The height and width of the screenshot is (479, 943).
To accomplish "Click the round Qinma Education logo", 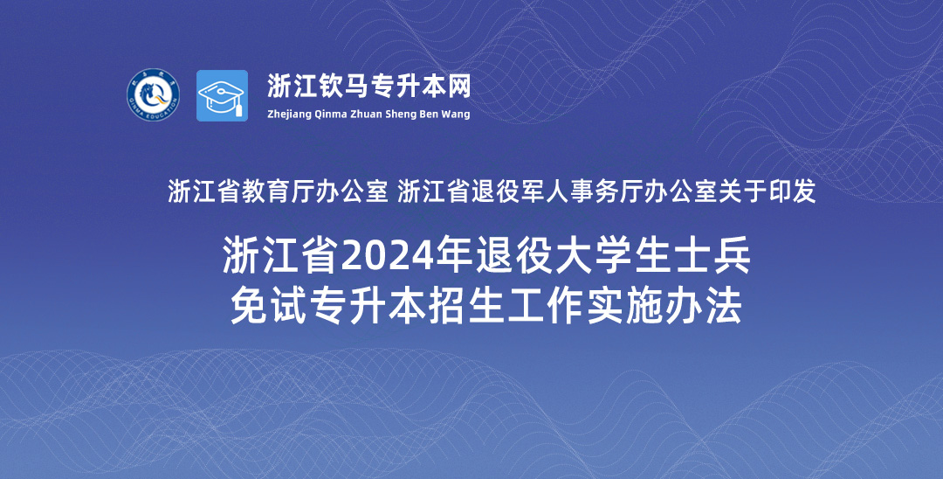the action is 154,95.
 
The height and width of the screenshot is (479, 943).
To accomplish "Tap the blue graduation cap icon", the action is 222,95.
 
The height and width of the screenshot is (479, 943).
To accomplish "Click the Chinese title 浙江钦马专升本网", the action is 368,87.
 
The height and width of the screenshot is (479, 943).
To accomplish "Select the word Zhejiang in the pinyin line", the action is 289,115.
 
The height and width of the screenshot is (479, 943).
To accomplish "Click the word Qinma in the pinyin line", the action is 329,115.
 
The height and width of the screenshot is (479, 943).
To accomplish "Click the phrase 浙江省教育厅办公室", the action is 278,192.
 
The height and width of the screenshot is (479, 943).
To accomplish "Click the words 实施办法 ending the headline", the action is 665,306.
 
